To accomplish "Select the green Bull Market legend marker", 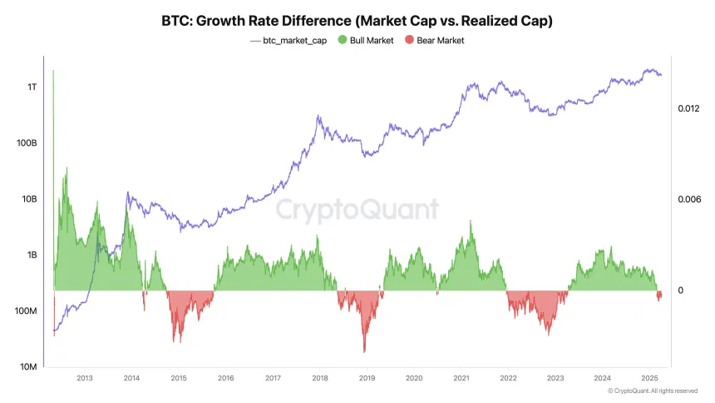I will click(343, 40).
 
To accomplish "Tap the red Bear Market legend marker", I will click(407, 40).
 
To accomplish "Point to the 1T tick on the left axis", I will click(32, 87).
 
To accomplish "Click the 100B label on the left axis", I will click(27, 143).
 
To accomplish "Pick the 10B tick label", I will click(29, 199).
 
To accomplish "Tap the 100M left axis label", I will click(25, 311).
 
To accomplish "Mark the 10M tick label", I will click(27, 367).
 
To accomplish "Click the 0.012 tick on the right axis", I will click(688, 109).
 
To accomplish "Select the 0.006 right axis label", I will click(688, 200).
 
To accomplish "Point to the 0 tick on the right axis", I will click(680, 291).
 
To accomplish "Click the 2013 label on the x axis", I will click(84, 379).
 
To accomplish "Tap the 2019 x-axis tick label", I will click(367, 379).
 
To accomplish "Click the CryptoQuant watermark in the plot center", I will click(357, 208).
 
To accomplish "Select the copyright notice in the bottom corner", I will click(652, 391).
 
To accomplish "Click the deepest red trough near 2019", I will click(364, 351).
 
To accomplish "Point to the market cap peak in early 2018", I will click(318, 117).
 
